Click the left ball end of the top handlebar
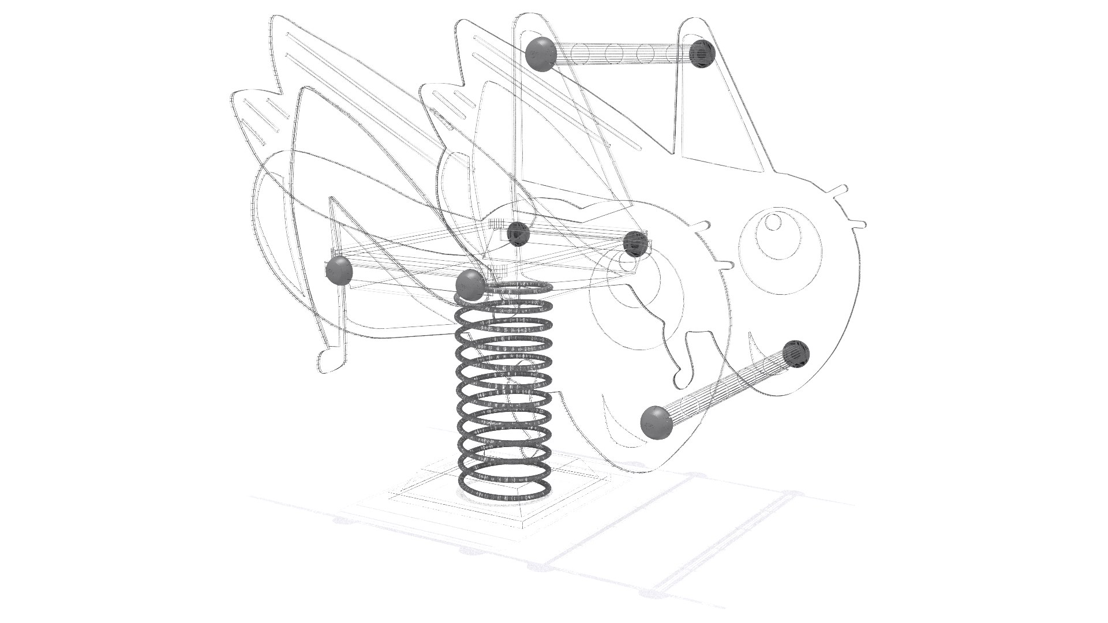541,54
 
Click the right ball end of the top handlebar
702,54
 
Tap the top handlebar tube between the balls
623,54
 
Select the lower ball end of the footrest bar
656,422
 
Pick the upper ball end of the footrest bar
796,354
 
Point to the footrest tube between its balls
727,388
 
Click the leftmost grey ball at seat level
339,271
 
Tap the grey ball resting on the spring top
470,284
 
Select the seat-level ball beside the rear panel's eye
635,244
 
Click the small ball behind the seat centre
518,234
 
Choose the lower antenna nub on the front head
859,222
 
